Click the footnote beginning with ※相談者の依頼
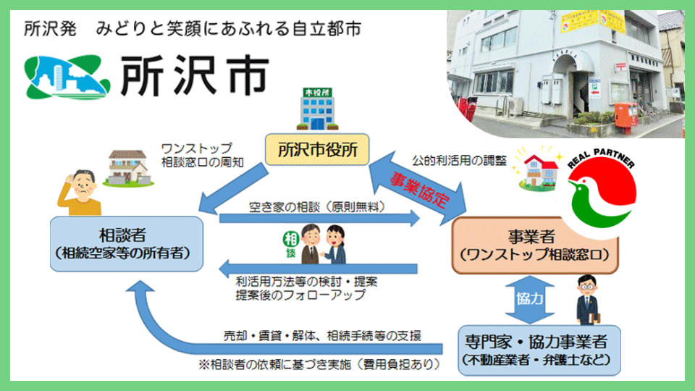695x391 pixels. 319,363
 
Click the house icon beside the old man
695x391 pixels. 127,167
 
